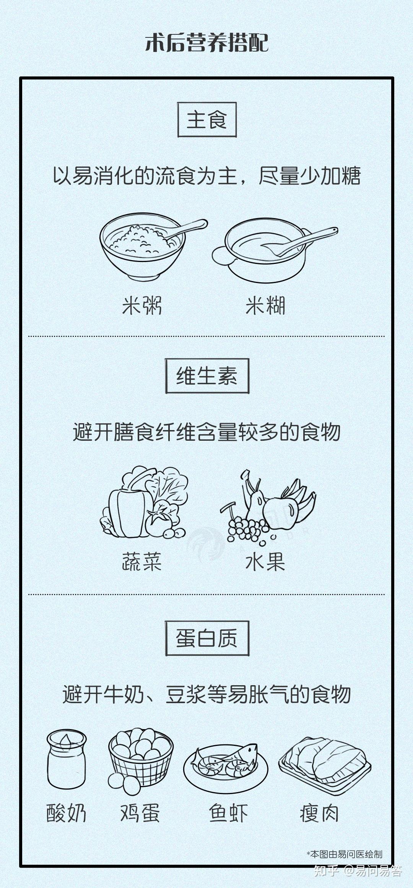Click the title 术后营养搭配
click(206, 42)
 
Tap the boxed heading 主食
click(207, 120)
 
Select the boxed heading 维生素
click(207, 376)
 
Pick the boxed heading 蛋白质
click(207, 638)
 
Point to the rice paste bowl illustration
click(275, 250)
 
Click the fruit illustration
click(268, 506)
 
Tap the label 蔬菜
click(142, 561)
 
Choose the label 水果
click(265, 561)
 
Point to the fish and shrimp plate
click(226, 764)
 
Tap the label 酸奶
click(67, 813)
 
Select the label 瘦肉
click(319, 813)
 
